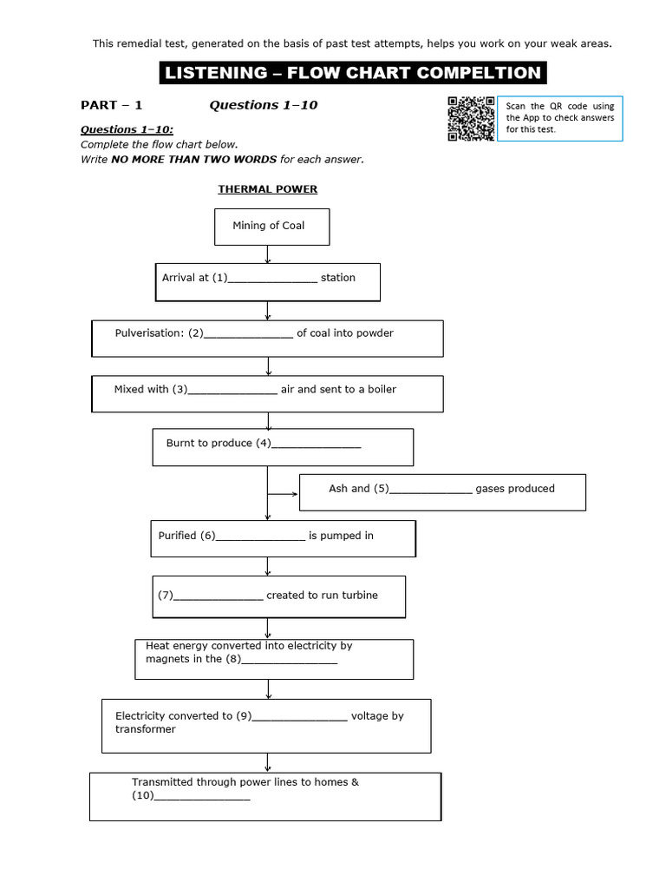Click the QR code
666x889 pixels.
471,118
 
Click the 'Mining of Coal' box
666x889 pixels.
271,227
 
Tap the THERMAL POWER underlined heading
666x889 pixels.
267,189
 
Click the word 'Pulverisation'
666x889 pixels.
148,333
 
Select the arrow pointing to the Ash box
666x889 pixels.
283,494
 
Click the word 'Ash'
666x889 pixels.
338,489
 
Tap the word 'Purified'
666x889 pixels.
178,536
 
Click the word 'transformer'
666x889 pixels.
146,729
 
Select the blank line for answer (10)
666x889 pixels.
204,799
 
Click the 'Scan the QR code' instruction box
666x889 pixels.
560,117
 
